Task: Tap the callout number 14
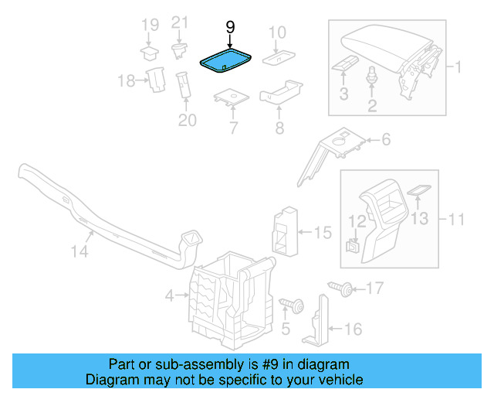coord(80,251)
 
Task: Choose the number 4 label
coord(170,295)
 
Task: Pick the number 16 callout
coord(351,329)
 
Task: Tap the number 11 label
coord(456,220)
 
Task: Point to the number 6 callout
coord(386,140)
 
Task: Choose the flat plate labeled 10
coord(275,56)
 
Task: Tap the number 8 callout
coord(279,127)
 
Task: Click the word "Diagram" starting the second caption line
coord(110,380)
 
